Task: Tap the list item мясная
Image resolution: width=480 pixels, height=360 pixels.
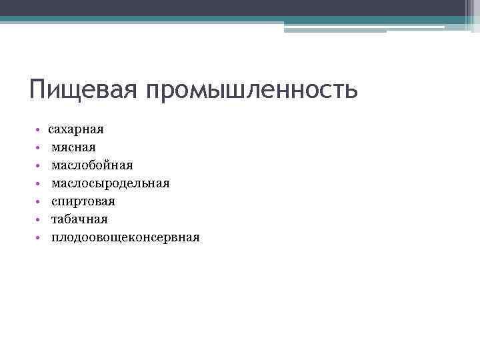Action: click(74, 147)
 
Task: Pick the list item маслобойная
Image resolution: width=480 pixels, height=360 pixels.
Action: click(93, 165)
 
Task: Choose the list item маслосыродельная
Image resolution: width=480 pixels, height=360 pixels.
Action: click(111, 183)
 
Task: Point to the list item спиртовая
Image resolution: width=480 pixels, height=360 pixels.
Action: click(83, 201)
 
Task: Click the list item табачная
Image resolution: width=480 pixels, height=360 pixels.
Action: click(79, 219)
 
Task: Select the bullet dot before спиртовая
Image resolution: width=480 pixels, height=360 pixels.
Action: click(39, 201)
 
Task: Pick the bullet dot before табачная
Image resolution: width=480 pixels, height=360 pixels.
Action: click(39, 219)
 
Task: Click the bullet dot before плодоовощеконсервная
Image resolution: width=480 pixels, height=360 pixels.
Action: click(39, 237)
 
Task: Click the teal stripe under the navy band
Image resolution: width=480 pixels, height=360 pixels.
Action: click(200, 19)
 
